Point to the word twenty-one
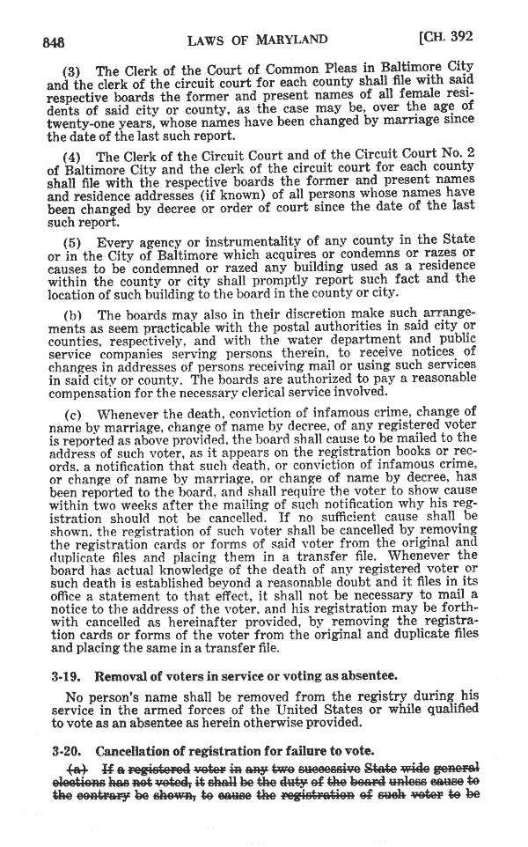(80, 124)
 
